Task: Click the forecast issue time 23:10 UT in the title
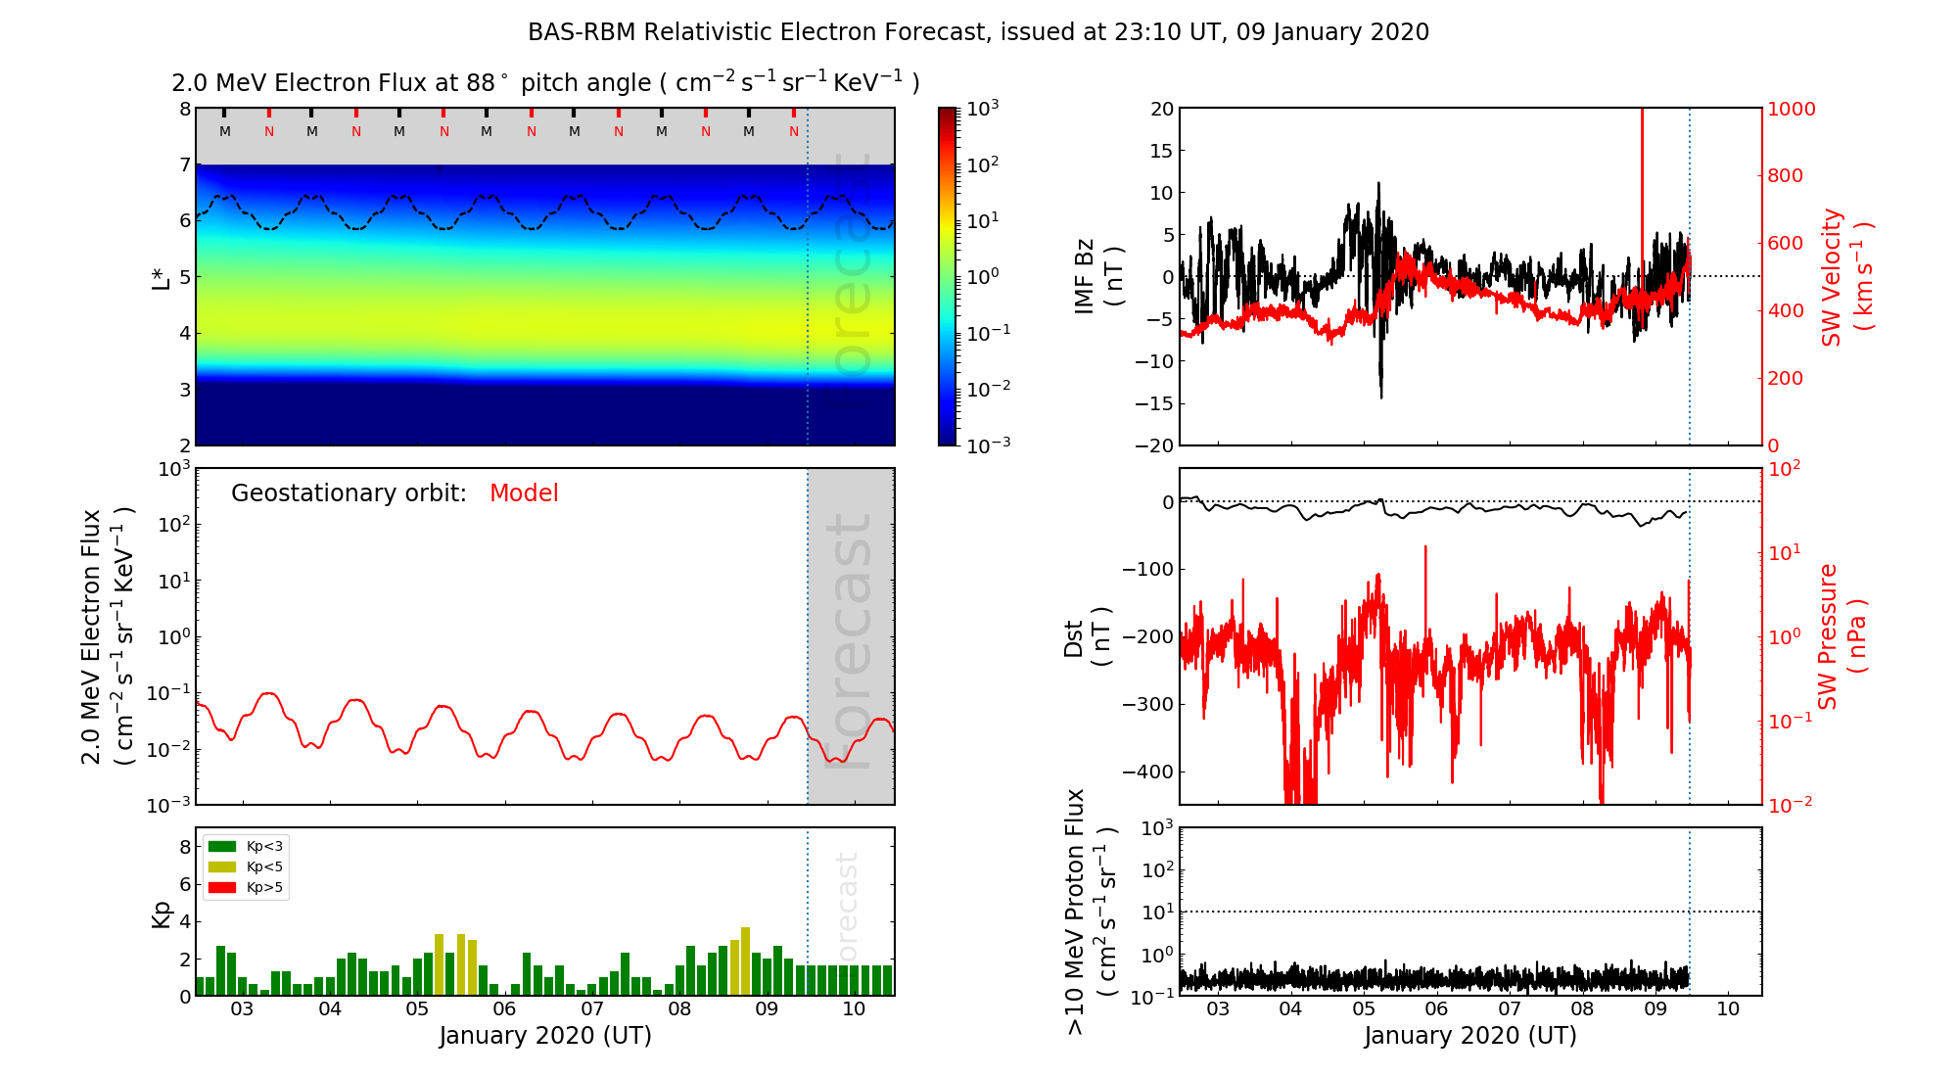click(1170, 32)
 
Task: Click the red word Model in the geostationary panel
click(524, 493)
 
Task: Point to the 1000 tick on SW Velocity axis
click(1791, 109)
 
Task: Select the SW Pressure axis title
click(1841, 636)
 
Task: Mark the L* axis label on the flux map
click(161, 276)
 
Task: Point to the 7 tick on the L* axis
click(184, 164)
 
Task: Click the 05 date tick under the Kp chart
click(417, 1009)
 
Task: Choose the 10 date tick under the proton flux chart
click(1728, 1009)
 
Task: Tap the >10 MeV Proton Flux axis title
click(1091, 911)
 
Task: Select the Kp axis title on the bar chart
click(161, 913)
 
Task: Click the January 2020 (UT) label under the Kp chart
click(544, 1036)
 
